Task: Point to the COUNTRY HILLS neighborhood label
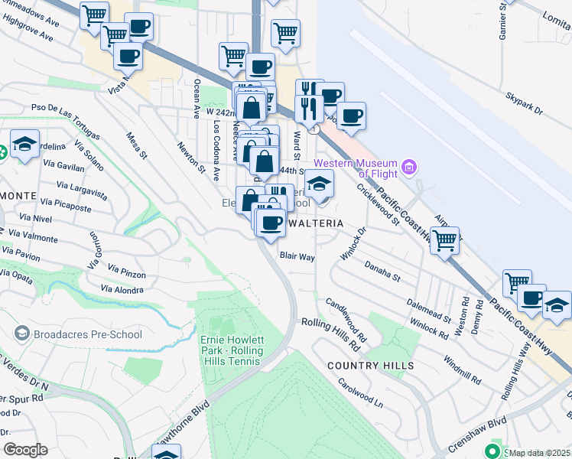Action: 371,366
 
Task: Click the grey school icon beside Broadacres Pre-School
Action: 22,334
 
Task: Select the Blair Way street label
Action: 297,258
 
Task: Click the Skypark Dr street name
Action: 524,105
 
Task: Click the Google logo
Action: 25,450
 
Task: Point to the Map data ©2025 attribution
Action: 539,453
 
